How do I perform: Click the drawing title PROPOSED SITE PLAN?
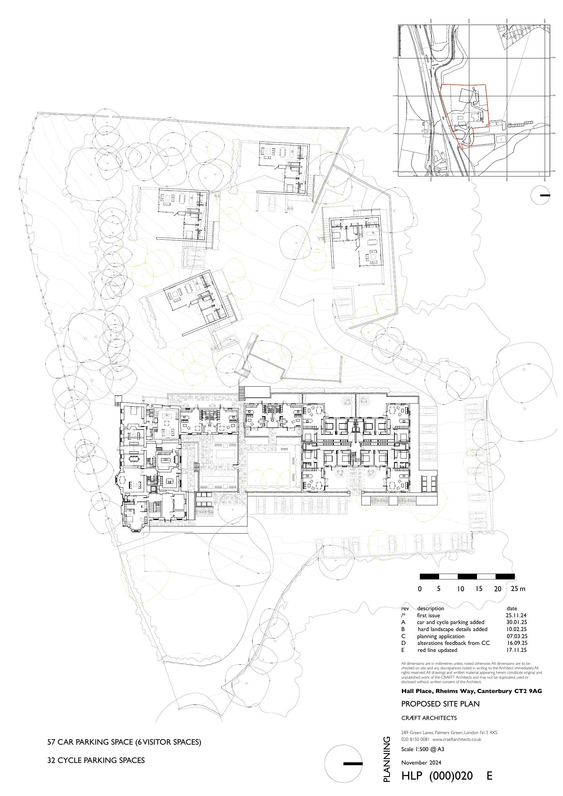point(440,704)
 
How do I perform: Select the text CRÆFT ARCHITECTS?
point(429,718)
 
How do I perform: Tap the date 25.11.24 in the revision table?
point(516,615)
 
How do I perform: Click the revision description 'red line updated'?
point(437,650)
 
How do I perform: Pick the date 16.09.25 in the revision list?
point(517,643)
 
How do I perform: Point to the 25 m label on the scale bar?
point(518,589)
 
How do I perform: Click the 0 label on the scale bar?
point(420,589)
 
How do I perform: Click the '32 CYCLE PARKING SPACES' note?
point(96,760)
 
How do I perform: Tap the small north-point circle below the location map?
point(541,195)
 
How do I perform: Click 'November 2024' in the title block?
point(421,762)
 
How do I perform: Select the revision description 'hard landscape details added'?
point(452,629)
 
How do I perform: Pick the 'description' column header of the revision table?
point(430,608)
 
